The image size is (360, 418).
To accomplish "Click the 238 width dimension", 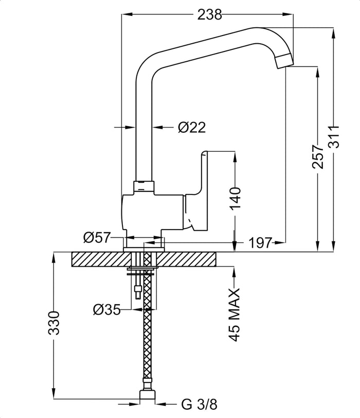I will click(209, 15).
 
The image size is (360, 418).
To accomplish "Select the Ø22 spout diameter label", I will click(192, 127).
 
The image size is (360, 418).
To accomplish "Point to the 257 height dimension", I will click(318, 156).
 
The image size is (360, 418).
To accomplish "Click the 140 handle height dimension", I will click(235, 198).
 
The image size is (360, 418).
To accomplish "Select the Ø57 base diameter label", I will click(97, 237).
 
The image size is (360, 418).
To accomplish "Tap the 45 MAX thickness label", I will click(235, 315).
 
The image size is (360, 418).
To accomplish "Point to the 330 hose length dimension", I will click(54, 323).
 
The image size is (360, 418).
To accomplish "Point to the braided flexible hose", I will click(148, 335).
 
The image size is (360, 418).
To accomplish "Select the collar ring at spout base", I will click(144, 186).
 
